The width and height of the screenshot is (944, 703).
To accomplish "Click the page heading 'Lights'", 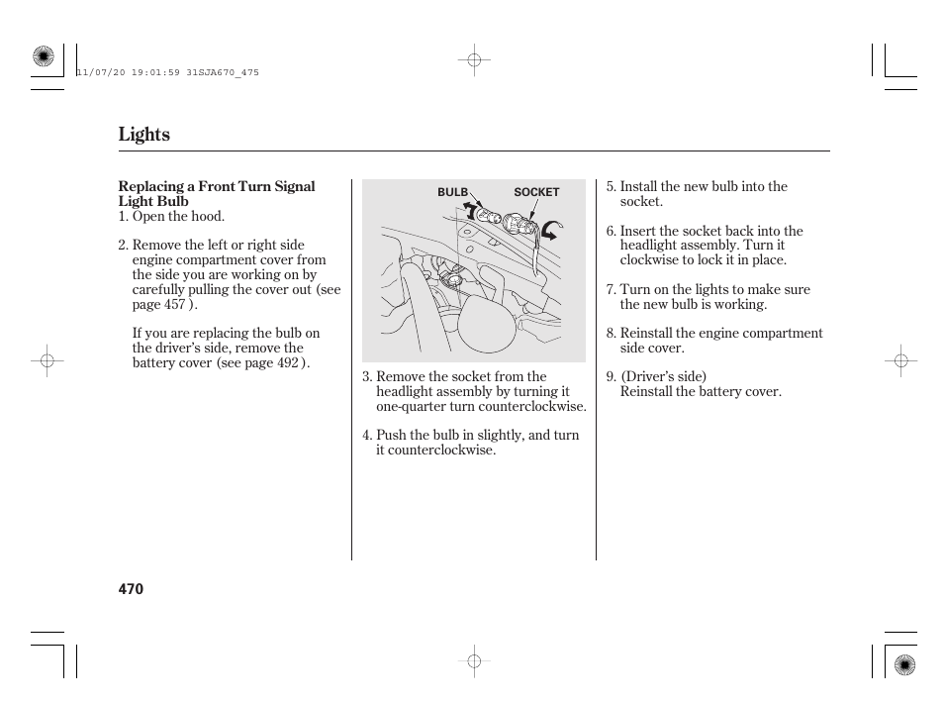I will [143, 135].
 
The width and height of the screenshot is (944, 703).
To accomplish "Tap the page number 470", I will [131, 589].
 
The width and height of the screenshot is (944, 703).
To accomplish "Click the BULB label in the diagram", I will [452, 192].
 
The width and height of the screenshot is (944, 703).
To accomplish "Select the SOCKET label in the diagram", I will [536, 192].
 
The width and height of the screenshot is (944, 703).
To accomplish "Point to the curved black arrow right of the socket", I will [552, 230].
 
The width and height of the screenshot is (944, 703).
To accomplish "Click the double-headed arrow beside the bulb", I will [469, 209].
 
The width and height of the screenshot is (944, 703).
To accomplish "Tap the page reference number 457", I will [174, 304].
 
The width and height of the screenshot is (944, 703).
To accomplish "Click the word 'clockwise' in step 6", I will [649, 260].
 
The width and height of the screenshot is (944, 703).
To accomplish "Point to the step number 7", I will [611, 290].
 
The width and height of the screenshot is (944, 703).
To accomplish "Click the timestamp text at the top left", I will [167, 72].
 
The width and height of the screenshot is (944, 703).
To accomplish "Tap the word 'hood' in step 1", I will [209, 216].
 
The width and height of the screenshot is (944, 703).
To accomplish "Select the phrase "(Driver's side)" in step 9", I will [663, 377].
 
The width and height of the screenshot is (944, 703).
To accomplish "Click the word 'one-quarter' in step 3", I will [413, 406].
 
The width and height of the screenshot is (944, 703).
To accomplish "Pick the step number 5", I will [611, 187].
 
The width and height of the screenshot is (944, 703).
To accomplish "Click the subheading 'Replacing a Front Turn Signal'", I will [217, 187].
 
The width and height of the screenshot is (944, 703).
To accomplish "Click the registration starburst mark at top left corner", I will [43, 57].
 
